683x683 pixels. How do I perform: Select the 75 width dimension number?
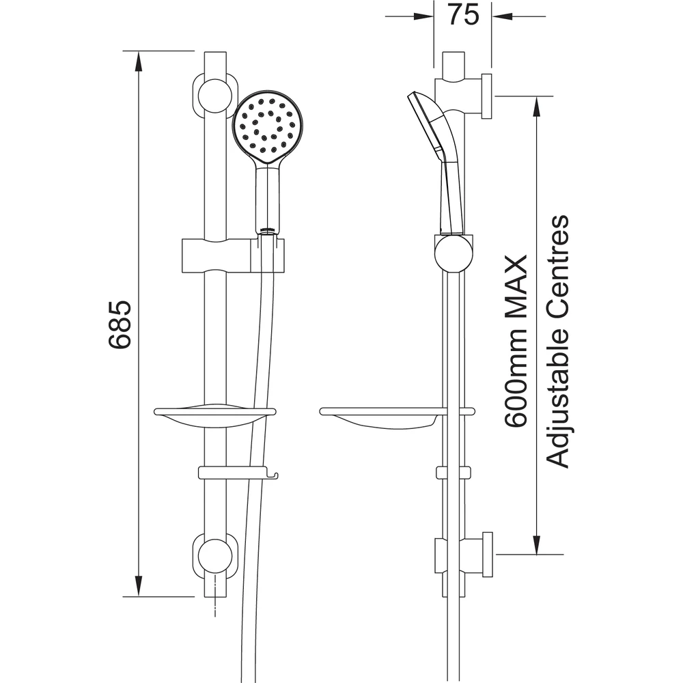click(x=464, y=15)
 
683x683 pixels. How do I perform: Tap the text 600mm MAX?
click(x=516, y=341)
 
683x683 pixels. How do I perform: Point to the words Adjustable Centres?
click(x=559, y=341)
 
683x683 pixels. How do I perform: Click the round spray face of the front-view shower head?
click(x=267, y=125)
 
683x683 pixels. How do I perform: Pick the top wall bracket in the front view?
click(x=215, y=95)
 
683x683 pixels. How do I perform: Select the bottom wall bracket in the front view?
click(x=215, y=556)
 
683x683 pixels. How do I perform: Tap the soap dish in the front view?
click(x=214, y=415)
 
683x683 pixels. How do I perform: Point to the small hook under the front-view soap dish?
click(x=274, y=473)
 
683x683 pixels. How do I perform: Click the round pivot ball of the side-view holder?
click(x=452, y=253)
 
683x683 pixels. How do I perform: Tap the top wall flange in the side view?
click(x=486, y=96)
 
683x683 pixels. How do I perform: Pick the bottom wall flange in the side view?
click(x=486, y=554)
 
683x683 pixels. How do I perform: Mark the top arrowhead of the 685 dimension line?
click(x=139, y=59)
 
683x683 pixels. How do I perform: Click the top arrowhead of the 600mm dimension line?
click(x=537, y=104)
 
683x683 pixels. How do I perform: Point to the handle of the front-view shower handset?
click(x=267, y=198)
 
